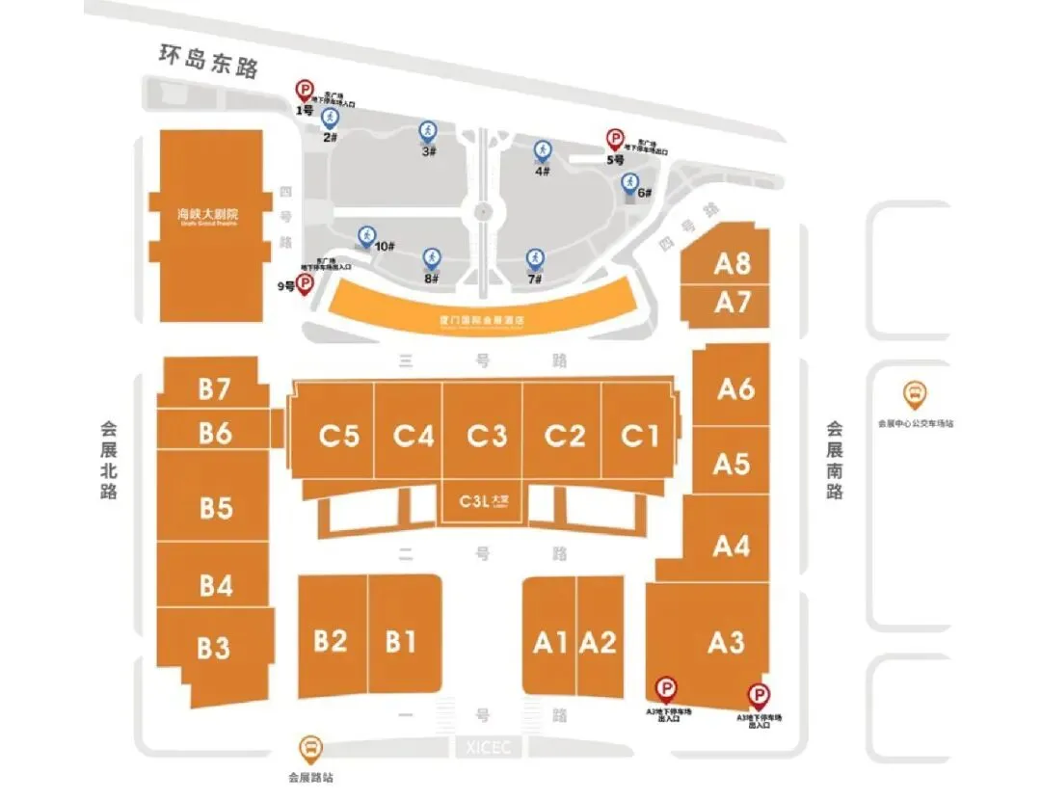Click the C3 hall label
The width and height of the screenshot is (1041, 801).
(487, 437)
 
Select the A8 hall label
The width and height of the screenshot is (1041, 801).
(733, 264)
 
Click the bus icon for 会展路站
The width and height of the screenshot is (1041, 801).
(311, 747)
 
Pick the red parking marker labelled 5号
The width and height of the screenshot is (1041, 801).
(615, 140)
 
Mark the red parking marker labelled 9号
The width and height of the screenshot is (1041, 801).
(305, 283)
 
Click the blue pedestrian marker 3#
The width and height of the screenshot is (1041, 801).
(427, 131)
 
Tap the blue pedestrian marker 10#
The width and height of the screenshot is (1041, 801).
(366, 234)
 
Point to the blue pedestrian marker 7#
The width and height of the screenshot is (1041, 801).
(534, 258)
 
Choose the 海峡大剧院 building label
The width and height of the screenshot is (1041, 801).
(206, 214)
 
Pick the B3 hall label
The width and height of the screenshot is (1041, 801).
(214, 648)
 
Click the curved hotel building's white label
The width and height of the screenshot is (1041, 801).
(479, 320)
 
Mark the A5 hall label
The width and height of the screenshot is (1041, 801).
(732, 464)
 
